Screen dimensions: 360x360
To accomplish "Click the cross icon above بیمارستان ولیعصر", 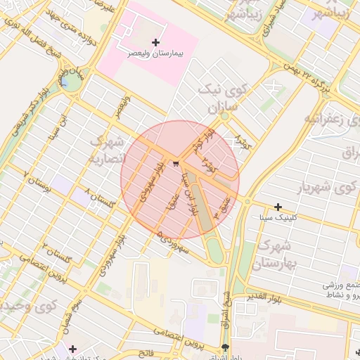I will click(155, 42).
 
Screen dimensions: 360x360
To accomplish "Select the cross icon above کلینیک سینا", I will click(278, 207).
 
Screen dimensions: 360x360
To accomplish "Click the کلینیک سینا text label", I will click(279, 217).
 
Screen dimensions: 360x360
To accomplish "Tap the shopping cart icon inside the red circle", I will click(175, 164).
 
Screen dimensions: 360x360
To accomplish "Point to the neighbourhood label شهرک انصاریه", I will click(106, 149).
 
